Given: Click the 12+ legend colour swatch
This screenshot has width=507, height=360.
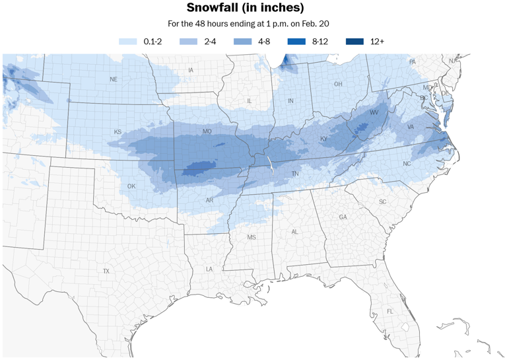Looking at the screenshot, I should [355, 42].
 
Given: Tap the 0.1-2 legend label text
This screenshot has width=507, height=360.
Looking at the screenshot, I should [153, 42].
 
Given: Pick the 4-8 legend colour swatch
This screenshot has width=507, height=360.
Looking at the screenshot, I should [242, 42].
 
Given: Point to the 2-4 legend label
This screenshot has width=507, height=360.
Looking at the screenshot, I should [210, 42].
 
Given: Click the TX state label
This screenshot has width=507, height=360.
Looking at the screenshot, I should [106, 271].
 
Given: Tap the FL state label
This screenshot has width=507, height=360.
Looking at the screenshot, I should [390, 311].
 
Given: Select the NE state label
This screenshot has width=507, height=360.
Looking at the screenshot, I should [114, 79].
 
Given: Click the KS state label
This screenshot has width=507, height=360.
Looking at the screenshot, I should [118, 132].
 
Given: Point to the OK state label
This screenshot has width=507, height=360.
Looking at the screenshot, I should [131, 186].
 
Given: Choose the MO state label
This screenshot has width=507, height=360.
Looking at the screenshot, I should [207, 131].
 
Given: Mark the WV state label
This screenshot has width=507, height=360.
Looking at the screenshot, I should [373, 113].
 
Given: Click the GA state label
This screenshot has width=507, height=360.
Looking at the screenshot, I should [343, 217].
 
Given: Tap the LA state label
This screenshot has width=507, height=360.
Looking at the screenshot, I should [209, 269].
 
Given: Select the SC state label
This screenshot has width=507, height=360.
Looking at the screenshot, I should [382, 201].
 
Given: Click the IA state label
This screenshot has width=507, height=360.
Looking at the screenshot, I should [191, 70].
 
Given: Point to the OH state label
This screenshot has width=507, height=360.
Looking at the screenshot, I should [338, 84].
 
